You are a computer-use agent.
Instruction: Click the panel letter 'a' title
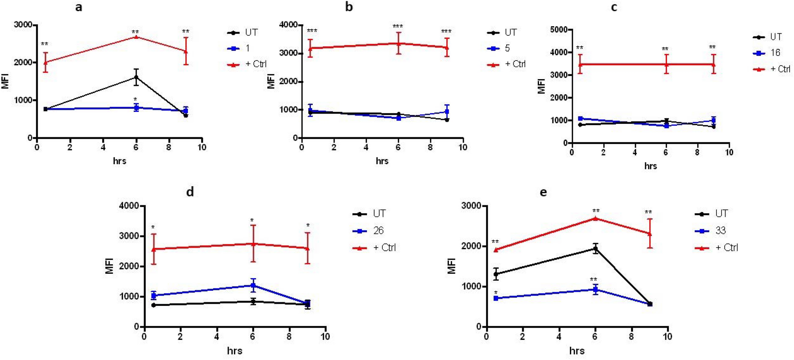click(79, 7)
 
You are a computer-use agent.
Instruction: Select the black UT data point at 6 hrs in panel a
click(136, 78)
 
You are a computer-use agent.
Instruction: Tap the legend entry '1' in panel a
click(247, 48)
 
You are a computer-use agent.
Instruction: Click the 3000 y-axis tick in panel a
click(23, 25)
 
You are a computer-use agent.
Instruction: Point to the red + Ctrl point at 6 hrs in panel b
click(399, 44)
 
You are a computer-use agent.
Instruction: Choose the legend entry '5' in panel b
click(507, 48)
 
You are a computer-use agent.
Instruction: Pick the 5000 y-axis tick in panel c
click(559, 30)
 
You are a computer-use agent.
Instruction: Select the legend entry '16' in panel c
click(775, 53)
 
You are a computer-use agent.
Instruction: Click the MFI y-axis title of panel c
click(541, 86)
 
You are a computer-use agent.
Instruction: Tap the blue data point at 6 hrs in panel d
click(253, 285)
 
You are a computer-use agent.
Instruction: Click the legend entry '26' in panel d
click(378, 230)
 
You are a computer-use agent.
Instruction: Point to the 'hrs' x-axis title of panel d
click(235, 351)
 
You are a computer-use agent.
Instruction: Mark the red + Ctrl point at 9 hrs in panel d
click(308, 248)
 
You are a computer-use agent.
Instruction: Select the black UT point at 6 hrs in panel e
click(595, 249)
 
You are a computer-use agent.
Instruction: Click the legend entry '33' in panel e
click(720, 230)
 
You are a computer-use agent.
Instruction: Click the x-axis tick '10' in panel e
click(667, 337)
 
